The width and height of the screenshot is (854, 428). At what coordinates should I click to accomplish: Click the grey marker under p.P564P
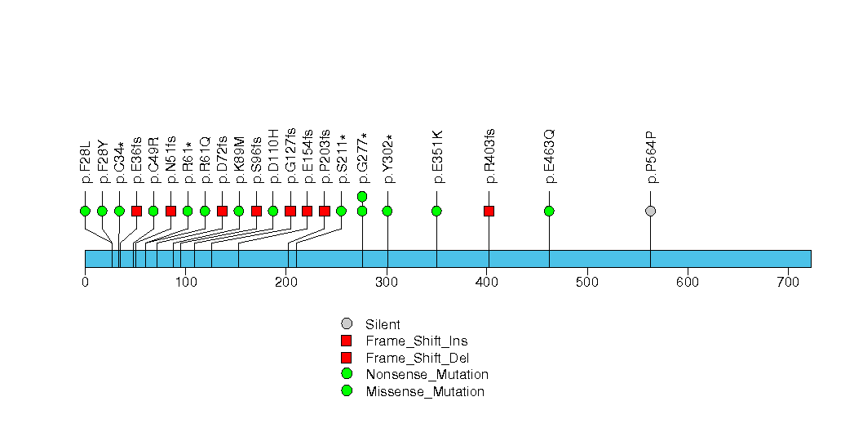(650, 211)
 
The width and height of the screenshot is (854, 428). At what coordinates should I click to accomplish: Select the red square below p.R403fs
(489, 211)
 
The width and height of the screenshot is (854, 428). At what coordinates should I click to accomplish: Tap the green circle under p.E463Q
(549, 211)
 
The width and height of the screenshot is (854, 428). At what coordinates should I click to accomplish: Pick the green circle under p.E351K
(437, 211)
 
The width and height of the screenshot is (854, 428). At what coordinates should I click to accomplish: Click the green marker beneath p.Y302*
(387, 211)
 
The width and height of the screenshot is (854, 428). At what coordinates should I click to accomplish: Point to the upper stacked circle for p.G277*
(362, 196)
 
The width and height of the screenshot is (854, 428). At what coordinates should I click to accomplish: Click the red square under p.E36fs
(137, 211)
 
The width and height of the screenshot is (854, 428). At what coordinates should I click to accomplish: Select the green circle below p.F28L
(85, 211)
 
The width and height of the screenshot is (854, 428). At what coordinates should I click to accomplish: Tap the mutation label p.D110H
(273, 157)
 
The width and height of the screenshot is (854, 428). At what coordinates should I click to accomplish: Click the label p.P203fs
(325, 157)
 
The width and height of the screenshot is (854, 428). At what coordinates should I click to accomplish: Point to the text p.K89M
(239, 160)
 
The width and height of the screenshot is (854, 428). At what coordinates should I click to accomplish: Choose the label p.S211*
(342, 158)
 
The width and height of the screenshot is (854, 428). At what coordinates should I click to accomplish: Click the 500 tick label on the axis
(587, 282)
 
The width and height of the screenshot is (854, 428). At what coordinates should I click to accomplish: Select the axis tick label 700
(788, 282)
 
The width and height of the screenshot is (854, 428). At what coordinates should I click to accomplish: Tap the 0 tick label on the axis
(85, 282)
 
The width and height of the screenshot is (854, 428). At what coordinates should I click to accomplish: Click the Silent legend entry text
(383, 324)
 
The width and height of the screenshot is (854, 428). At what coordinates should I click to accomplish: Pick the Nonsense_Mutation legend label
(427, 375)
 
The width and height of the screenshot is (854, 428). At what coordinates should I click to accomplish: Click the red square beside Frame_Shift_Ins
(347, 341)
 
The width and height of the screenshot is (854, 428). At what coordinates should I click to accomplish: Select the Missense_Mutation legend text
(425, 391)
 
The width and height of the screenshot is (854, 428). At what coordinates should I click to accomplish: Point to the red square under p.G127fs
(290, 211)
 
